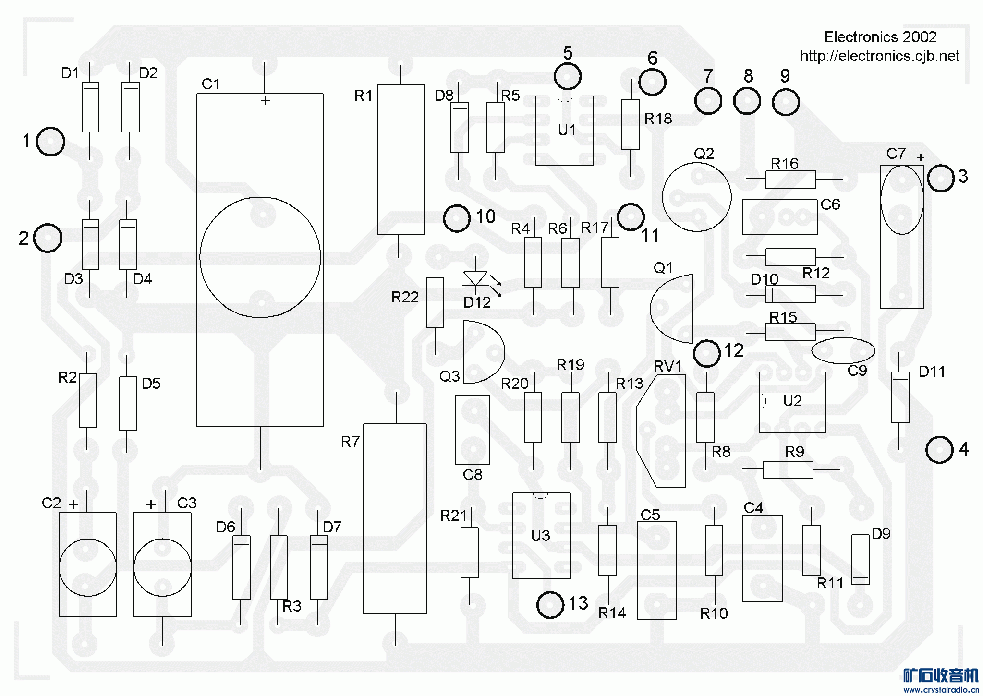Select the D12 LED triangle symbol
coord(475,279)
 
